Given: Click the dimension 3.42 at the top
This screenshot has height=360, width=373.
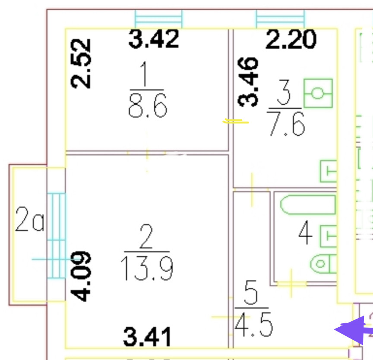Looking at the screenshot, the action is coord(154,39).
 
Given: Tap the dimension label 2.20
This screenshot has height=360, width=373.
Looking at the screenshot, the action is coord(291,40).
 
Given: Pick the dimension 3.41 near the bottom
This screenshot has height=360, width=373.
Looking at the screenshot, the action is coord(147,337).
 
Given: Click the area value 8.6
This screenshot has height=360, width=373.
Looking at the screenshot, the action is coord(147,106).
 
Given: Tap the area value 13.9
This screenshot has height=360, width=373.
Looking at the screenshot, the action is coord(146,269).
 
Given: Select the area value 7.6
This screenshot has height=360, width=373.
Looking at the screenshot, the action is coord(285,124).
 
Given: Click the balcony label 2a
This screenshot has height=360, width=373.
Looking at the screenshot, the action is coord(29,219).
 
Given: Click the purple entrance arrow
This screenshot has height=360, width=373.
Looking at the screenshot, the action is coord(353,330).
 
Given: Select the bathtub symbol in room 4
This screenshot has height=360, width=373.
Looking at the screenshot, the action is coord(307,205).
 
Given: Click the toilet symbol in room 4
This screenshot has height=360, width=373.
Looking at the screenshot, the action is coord(322,263).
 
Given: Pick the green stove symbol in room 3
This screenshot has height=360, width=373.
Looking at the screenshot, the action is coord(318,93).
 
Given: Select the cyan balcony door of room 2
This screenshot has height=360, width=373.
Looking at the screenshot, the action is coord(56,235).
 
